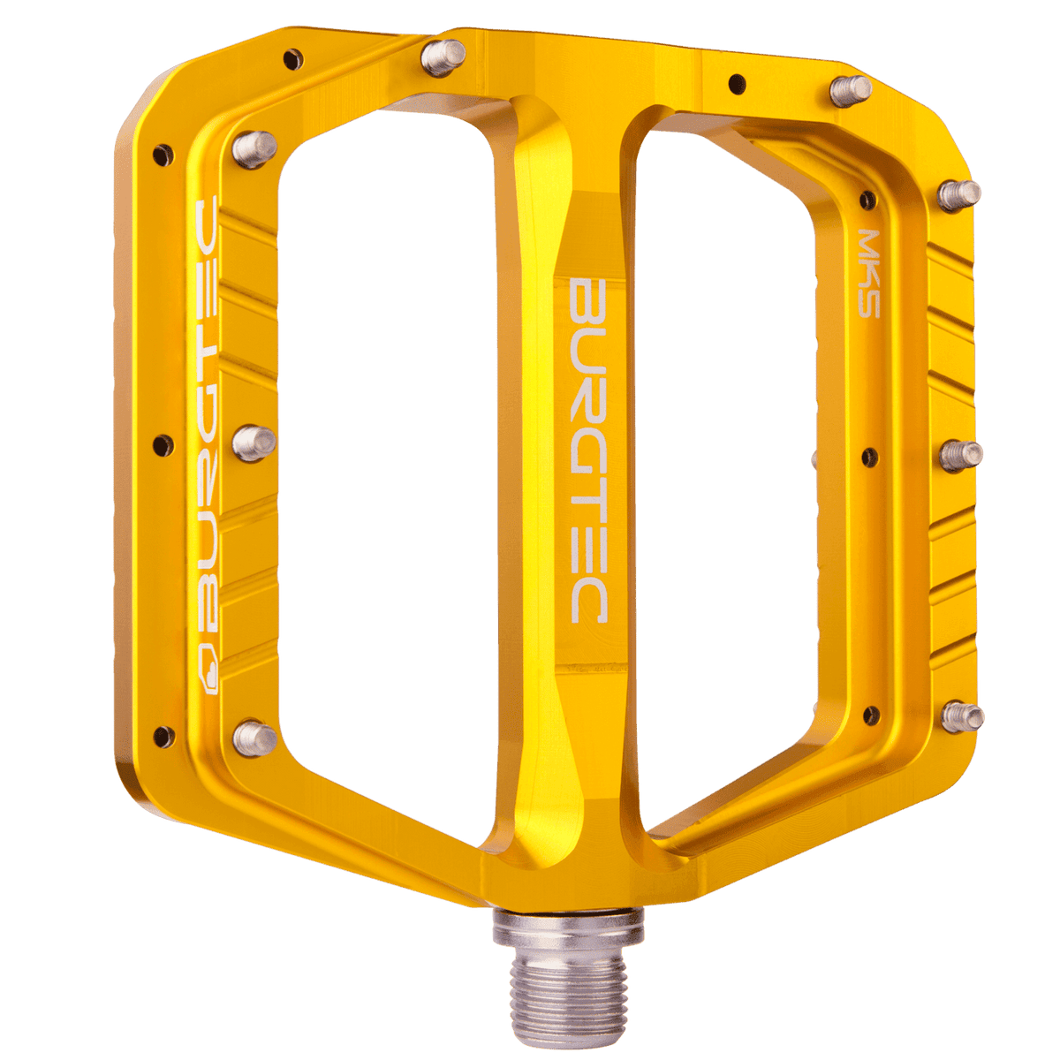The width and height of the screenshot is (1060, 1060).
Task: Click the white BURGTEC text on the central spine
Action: tap(585, 451)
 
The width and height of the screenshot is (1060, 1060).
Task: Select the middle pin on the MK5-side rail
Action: tap(960, 455)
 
